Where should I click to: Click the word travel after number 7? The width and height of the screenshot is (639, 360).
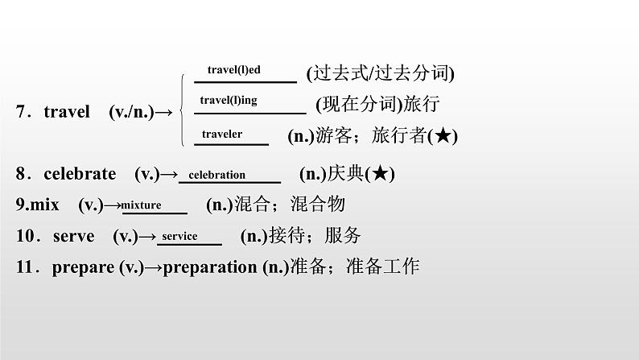(67, 112)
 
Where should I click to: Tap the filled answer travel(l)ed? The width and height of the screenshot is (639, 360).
(233, 70)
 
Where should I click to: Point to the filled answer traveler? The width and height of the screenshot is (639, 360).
(222, 134)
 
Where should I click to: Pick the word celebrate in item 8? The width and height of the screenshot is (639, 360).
(80, 174)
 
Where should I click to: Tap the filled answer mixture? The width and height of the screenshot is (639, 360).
(142, 205)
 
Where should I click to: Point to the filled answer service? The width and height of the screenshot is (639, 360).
(179, 236)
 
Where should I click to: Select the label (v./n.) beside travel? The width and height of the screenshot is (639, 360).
(131, 112)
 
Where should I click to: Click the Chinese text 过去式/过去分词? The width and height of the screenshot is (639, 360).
(381, 74)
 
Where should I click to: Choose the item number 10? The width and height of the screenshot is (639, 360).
(23, 236)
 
